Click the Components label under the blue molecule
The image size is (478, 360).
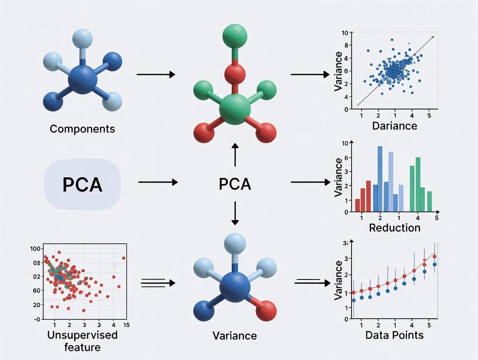82,129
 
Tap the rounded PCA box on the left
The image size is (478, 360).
82,184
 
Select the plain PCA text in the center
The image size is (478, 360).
235,184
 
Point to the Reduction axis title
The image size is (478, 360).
394,228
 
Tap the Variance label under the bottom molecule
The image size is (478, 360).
235,335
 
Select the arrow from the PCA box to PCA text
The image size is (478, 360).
158,182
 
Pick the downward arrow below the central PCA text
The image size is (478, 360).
235,213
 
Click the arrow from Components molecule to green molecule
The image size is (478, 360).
155,75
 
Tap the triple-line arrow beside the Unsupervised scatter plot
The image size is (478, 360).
158,283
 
